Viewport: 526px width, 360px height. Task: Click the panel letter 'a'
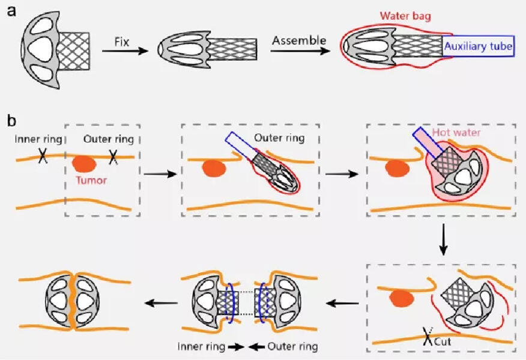11,11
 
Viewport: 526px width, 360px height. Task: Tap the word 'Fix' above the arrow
122,41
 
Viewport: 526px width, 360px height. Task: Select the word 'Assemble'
298,41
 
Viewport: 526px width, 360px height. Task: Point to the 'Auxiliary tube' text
478,46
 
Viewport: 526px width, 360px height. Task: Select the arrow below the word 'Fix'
124,52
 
